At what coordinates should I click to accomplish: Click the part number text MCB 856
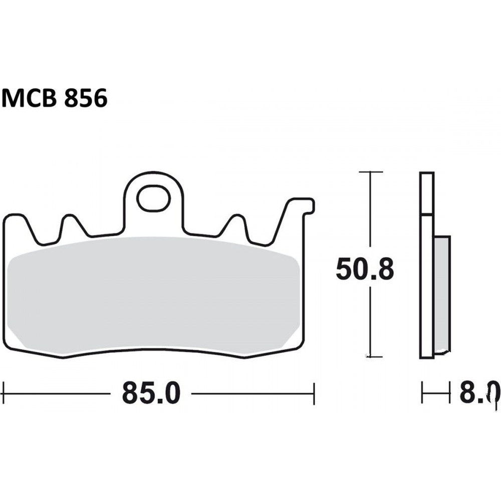pos(54,98)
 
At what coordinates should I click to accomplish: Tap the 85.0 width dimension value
pos(151,394)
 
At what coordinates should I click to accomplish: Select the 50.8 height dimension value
pos(365,269)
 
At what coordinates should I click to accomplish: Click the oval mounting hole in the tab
pos(154,198)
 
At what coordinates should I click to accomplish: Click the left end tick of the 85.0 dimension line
pos(4,394)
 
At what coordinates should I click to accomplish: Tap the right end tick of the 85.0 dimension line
pos(314,394)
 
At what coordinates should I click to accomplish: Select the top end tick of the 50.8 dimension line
pos(371,172)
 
